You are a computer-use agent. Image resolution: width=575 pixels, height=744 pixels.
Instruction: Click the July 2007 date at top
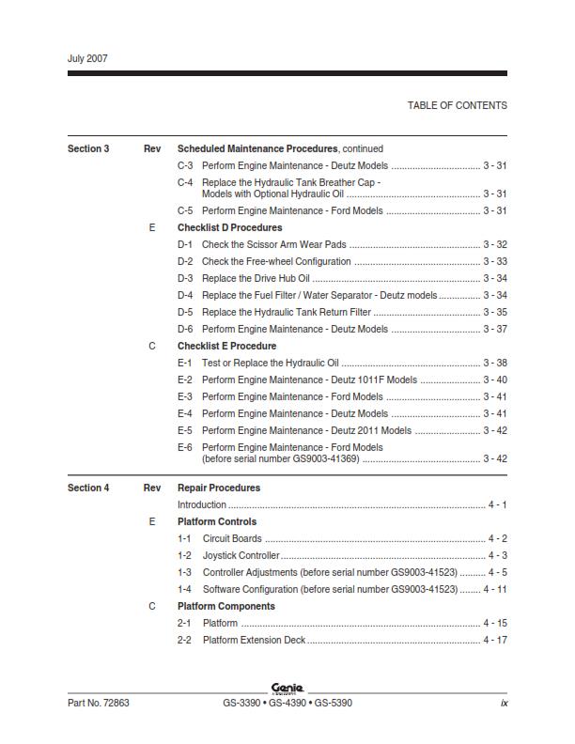tap(87, 58)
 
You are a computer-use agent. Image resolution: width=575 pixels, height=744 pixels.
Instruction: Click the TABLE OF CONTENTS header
tap(457, 105)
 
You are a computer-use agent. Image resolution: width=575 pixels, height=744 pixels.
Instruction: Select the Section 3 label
tap(88, 148)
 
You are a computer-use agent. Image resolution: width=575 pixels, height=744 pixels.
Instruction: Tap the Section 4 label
tap(88, 488)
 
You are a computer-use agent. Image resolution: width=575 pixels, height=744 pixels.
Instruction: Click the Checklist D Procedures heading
tap(229, 227)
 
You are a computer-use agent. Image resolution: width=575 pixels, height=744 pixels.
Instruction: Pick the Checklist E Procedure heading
tap(226, 346)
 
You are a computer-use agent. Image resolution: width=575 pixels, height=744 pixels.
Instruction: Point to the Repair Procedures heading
tap(219, 488)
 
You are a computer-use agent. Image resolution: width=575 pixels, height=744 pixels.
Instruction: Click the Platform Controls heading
tap(217, 521)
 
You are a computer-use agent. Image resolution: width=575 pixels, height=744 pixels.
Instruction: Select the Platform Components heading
tap(226, 606)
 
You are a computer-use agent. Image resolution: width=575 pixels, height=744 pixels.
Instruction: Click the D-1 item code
tap(185, 244)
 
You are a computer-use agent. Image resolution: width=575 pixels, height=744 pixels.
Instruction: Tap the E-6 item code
tap(185, 447)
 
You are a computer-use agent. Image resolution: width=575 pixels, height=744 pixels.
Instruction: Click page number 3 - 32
tap(495, 244)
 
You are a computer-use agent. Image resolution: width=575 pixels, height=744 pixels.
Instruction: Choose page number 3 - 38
tap(495, 363)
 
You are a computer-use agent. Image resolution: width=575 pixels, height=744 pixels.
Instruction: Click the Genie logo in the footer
tap(287, 688)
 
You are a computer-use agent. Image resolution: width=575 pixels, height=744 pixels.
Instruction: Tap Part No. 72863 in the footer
tap(99, 703)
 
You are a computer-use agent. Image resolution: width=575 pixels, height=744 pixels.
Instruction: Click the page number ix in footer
tap(504, 703)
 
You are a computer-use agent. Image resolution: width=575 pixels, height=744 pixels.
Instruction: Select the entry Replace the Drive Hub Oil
tap(256, 278)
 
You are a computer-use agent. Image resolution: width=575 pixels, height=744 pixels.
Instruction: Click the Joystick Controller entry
tap(241, 555)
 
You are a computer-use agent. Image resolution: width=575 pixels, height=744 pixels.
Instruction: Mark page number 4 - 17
tap(495, 640)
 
